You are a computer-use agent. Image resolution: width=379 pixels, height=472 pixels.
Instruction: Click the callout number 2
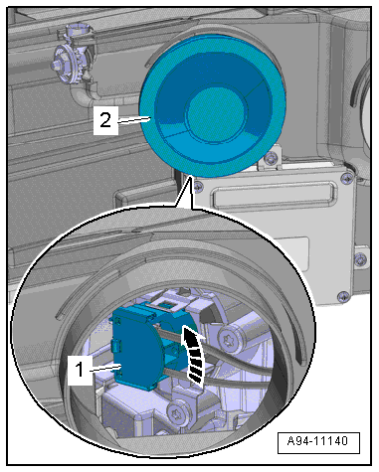tap(105, 120)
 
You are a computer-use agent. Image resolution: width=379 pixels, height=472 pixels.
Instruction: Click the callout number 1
tap(80, 369)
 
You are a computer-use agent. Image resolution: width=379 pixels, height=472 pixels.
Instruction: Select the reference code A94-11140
tap(317, 441)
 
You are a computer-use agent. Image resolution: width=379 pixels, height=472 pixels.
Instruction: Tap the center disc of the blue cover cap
tap(217, 113)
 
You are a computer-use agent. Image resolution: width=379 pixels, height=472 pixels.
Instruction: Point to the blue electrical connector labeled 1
tap(135, 347)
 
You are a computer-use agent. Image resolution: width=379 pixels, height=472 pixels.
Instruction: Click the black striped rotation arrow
tap(195, 355)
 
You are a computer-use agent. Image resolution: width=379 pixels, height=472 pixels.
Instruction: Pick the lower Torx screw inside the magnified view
tap(179, 412)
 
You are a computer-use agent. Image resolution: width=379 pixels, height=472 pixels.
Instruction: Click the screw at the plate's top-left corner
tap(198, 187)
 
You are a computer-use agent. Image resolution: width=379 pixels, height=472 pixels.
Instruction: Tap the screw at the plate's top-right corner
tap(347, 179)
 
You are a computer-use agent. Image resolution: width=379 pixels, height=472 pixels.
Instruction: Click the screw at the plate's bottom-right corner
tap(343, 296)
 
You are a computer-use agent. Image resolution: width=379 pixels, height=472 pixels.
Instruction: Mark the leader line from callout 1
tap(104, 368)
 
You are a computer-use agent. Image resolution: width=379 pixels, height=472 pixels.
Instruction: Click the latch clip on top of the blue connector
tap(166, 305)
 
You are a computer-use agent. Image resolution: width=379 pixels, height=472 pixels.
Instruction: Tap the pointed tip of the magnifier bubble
tap(190, 177)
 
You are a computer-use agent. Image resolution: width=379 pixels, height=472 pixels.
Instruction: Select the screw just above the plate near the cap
tap(272, 158)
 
